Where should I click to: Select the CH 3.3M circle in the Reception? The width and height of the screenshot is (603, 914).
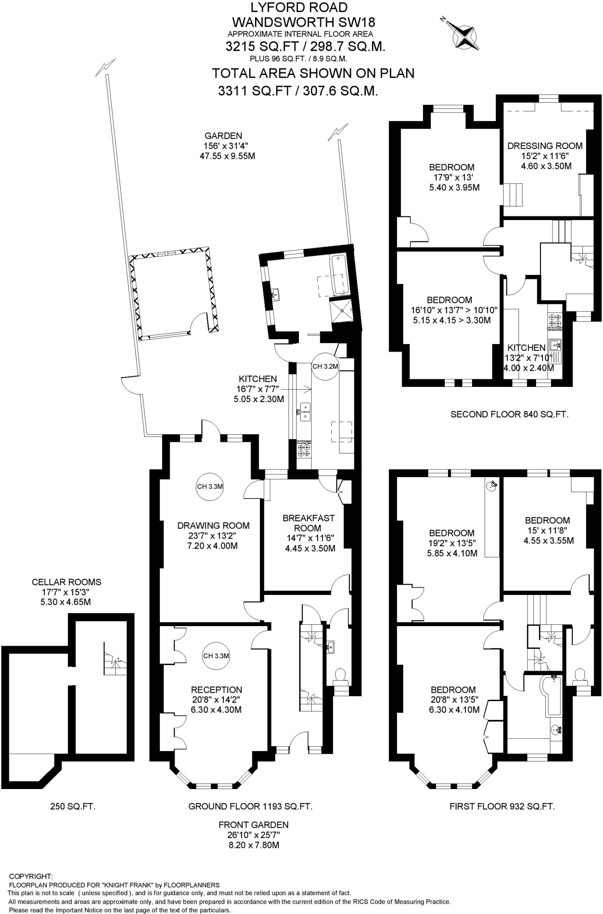(x=216, y=656)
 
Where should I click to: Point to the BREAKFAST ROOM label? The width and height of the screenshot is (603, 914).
(x=308, y=523)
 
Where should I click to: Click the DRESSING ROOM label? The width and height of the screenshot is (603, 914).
(x=544, y=145)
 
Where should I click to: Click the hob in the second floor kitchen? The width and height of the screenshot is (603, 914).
(x=554, y=320)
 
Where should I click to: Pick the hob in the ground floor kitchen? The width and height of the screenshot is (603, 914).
(x=304, y=449)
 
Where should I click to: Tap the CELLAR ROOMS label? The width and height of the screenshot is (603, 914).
(x=67, y=582)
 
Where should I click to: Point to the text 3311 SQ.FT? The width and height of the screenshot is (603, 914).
(x=253, y=91)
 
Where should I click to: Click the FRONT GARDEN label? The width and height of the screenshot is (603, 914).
(x=253, y=825)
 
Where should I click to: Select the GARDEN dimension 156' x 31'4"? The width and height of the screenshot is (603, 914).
(x=223, y=146)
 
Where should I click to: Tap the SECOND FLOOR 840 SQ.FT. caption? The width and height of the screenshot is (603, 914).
(x=509, y=414)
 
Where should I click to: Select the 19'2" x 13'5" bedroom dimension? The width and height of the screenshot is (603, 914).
(x=452, y=543)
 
